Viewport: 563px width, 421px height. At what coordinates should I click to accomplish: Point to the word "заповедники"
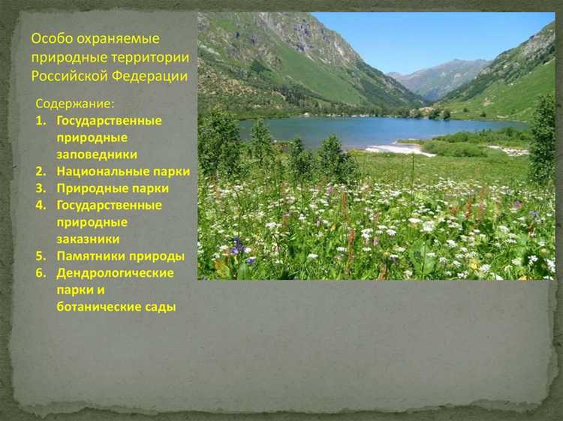pyautogui.click(x=97, y=154)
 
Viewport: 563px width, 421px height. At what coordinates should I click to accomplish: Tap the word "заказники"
pyautogui.click(x=88, y=239)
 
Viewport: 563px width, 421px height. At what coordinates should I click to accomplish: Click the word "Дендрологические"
pyautogui.click(x=115, y=273)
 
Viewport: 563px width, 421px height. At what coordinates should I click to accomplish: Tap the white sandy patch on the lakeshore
pyautogui.click(x=399, y=149)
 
